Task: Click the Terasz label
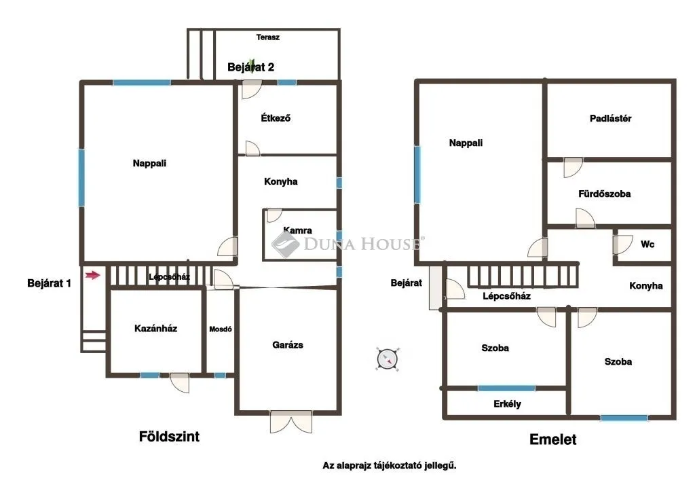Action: pos(267,37)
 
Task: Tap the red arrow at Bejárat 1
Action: pos(92,276)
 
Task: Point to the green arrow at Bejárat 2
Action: pos(251,66)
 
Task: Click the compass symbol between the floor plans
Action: pos(388,359)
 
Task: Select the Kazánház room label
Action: pos(155,328)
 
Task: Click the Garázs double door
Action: pos(291,422)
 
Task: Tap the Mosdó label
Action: pos(221,329)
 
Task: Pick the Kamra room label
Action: pos(297,230)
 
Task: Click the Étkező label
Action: pos(276,118)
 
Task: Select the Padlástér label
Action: pos(610,118)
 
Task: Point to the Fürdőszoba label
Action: pos(604,194)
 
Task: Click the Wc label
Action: pos(647,244)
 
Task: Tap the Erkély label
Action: pos(507,404)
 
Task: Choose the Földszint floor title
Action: pos(169,436)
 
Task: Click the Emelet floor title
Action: pos(553,439)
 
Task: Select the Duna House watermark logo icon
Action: pos(286,244)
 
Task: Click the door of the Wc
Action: pos(623,244)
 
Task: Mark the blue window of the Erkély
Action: pos(506,388)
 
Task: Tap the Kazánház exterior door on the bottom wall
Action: pos(179,383)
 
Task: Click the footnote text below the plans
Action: pos(389,465)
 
